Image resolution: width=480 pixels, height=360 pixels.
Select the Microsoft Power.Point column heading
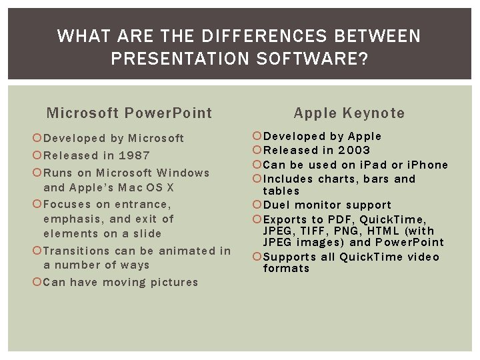129,113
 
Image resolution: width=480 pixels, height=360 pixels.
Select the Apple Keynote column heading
349,113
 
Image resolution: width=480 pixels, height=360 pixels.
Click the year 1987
134,155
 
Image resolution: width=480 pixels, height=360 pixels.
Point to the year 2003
354,150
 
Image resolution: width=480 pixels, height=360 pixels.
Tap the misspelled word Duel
277,205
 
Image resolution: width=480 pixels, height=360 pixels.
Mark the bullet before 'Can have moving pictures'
37,282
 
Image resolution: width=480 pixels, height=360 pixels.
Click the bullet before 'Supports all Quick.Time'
258,257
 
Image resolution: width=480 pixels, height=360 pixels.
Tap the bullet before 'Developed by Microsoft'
37,139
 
